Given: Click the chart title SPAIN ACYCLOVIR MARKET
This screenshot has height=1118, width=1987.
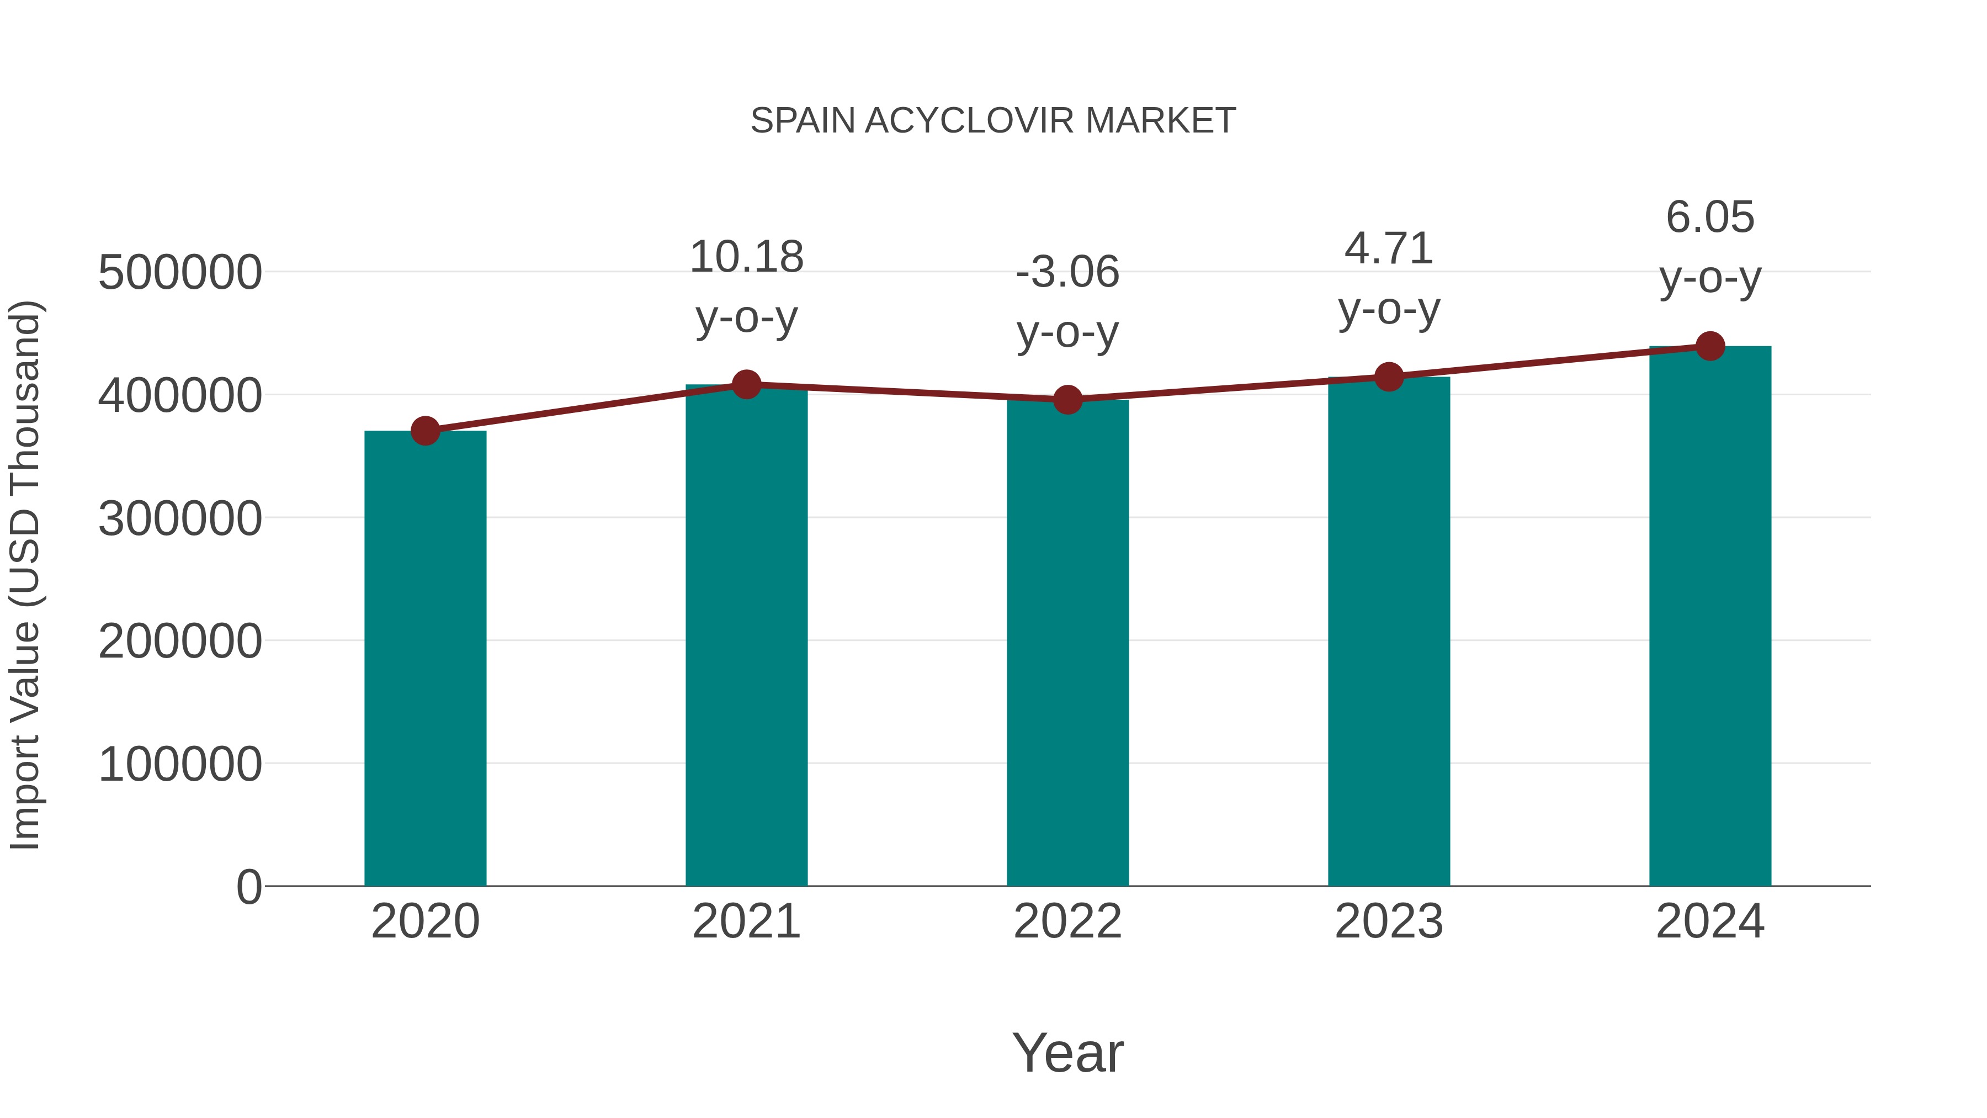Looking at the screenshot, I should click(993, 121).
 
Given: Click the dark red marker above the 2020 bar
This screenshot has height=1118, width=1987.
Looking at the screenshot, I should click(425, 431).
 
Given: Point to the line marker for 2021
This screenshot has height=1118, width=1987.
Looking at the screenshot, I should click(746, 384).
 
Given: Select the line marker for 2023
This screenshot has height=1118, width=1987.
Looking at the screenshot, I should click(1389, 377).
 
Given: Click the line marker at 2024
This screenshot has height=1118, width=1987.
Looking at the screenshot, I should click(1710, 346).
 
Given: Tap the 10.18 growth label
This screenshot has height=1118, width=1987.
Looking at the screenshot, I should click(746, 257).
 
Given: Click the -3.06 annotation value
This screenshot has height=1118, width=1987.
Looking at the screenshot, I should click(1067, 272).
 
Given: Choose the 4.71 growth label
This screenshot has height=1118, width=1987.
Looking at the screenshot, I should click(1389, 248).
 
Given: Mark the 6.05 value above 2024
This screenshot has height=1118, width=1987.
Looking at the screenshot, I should click(1710, 217).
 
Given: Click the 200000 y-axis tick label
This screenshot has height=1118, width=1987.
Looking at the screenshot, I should click(180, 640).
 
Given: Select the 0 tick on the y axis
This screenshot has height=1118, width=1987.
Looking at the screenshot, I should click(248, 887).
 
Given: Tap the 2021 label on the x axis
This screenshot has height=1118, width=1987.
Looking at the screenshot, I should click(746, 921).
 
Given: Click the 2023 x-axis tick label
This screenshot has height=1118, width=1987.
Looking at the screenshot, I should click(1389, 921).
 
